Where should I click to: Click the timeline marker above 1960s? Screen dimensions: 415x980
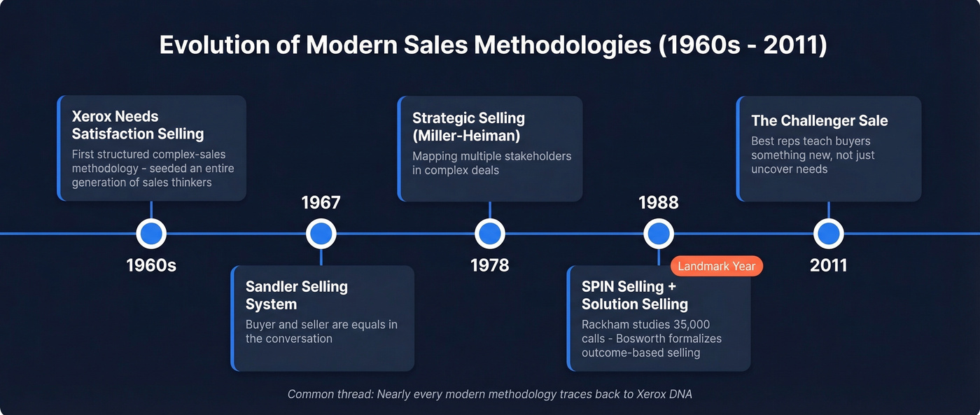(x=151, y=234)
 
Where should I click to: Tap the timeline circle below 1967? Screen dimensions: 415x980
(x=321, y=234)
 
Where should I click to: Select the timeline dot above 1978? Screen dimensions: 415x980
(x=489, y=234)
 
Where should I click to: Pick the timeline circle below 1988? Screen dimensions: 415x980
(x=659, y=234)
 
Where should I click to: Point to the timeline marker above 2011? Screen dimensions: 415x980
(x=828, y=234)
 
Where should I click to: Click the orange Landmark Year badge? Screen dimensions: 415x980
(x=716, y=266)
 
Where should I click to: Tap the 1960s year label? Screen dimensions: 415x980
(x=151, y=265)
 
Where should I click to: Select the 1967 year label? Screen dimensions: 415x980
(x=321, y=203)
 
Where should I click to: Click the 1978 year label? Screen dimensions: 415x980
(x=489, y=265)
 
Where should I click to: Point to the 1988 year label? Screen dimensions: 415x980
(x=659, y=203)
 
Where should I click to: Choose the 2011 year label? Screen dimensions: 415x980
(x=828, y=265)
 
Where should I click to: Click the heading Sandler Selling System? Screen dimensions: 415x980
(x=296, y=295)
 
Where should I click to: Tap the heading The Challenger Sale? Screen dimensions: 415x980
(x=819, y=120)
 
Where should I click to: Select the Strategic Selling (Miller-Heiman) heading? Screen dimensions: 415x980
(x=468, y=127)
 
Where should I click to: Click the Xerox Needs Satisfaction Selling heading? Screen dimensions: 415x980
(x=137, y=125)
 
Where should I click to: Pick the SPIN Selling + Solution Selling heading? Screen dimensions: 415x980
(x=634, y=295)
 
